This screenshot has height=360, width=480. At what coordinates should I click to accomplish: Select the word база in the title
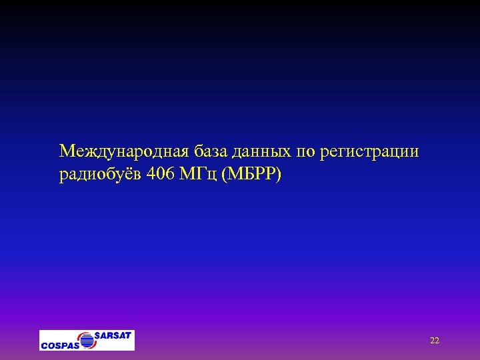[x=212, y=152]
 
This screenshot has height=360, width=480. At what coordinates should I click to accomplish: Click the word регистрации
[x=370, y=152]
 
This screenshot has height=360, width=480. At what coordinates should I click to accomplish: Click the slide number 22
[x=435, y=341]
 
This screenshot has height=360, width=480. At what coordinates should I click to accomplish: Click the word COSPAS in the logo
[x=59, y=345]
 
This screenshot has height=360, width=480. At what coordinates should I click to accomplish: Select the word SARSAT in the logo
[x=113, y=335]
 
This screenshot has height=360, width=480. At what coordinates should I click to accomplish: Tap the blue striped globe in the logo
[x=87, y=341]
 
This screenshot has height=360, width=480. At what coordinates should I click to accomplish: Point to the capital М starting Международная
[x=66, y=152]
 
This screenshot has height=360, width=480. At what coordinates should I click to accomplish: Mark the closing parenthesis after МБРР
[x=280, y=175]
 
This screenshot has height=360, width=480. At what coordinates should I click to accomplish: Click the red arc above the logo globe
[x=85, y=333]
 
